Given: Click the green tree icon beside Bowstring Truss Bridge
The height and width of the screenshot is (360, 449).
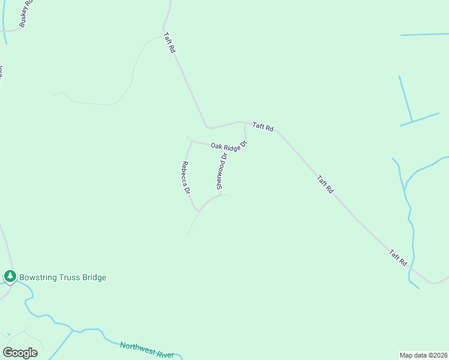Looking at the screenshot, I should [x=10, y=277].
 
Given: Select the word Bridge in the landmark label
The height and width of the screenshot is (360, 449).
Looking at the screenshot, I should [x=94, y=277].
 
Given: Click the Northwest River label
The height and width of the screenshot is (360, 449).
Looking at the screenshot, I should [x=146, y=350].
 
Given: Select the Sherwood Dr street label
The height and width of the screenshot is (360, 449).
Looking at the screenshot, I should [x=222, y=171].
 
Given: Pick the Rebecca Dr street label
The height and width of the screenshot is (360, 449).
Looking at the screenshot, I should [x=186, y=178].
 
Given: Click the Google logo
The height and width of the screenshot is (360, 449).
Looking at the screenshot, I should [x=20, y=353].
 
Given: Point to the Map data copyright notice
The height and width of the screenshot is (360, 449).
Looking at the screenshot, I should [x=424, y=355].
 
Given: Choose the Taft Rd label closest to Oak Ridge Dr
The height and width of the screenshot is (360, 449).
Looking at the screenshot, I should [x=263, y=127].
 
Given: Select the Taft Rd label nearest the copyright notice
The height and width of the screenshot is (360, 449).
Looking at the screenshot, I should [x=397, y=258].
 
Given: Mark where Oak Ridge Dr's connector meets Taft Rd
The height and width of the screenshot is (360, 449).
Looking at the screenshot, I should [x=244, y=122].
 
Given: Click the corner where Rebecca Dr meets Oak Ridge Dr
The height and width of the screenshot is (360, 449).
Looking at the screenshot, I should [x=191, y=142].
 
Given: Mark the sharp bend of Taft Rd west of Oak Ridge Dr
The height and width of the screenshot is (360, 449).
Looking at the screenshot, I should [x=207, y=128].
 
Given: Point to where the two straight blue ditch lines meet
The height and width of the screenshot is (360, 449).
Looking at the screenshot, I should [x=412, y=122].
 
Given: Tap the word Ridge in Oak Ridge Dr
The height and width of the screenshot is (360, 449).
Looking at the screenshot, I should [x=231, y=146].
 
